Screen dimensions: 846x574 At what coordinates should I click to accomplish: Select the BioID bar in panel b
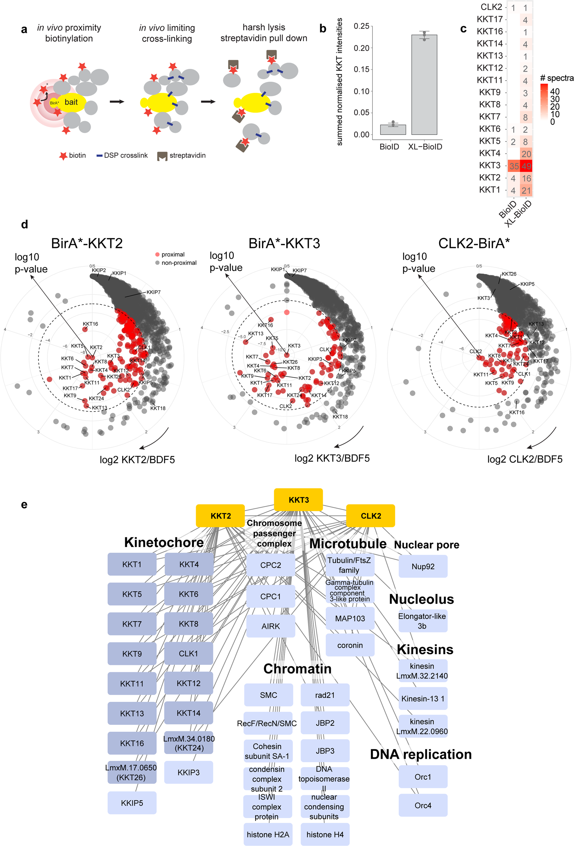click(393, 130)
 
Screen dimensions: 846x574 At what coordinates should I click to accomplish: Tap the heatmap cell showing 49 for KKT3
click(526, 166)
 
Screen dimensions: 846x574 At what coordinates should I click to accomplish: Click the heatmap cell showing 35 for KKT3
click(514, 166)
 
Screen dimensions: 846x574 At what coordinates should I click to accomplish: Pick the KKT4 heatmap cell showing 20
click(526, 154)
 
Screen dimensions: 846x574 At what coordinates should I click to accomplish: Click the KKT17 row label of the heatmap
click(490, 19)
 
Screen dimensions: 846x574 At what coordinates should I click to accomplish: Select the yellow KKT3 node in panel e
click(298, 499)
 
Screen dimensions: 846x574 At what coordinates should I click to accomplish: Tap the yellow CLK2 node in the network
click(370, 515)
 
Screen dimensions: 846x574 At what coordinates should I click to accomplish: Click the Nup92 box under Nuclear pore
click(423, 566)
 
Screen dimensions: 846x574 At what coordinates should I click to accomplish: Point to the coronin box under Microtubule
click(350, 645)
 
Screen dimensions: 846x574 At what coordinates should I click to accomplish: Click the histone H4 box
click(325, 834)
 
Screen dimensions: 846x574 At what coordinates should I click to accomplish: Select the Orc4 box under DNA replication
click(423, 805)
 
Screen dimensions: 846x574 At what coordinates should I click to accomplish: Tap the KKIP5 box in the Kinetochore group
click(132, 803)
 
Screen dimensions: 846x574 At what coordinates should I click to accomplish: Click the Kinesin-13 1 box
click(422, 698)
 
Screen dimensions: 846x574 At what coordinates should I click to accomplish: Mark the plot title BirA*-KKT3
click(284, 243)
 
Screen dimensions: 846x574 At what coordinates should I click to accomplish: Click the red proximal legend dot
click(157, 254)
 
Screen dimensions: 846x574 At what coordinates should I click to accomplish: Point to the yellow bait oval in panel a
click(71, 102)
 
